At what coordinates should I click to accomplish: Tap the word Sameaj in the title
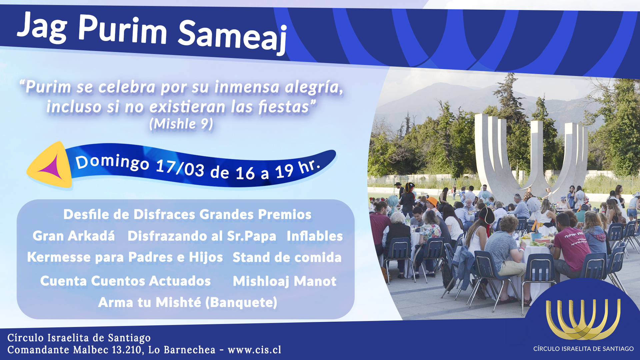(232, 37)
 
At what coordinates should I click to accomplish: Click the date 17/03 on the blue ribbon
(180, 168)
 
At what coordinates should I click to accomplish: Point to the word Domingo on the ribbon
(112, 162)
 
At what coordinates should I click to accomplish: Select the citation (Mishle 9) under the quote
(181, 124)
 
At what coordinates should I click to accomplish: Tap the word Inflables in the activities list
(315, 236)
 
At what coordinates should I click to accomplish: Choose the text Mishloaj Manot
(285, 281)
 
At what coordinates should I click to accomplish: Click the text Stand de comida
(287, 257)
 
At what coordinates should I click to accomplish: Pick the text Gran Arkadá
(74, 236)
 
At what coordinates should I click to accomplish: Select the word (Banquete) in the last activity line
(241, 303)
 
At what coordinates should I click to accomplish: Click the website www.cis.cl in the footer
(254, 350)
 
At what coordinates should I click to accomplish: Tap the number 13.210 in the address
(128, 350)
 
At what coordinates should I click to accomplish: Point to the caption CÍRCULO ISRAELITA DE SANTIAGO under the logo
(583, 349)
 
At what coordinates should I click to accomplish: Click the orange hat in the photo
(432, 202)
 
